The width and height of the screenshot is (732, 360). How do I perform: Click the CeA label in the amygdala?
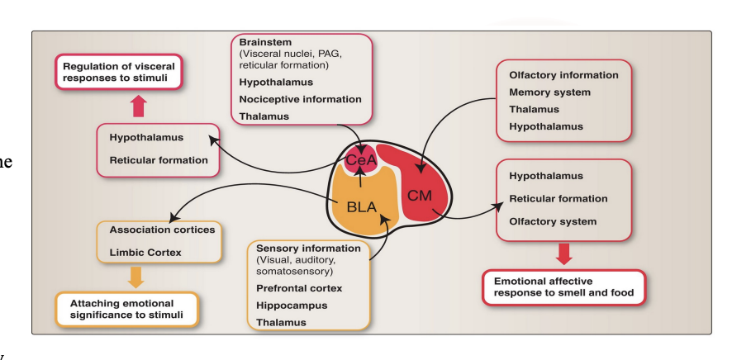pos(360,159)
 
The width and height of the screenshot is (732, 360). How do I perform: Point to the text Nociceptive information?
pos(300,99)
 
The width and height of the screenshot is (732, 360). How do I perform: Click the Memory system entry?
pos(549,92)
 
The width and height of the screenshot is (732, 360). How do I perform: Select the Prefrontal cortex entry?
pos(298,288)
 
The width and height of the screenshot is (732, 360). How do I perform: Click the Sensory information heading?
pos(308,248)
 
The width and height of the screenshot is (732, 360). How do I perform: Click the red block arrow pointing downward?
pos(563,253)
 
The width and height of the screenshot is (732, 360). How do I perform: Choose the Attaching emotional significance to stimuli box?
pos(126,309)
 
